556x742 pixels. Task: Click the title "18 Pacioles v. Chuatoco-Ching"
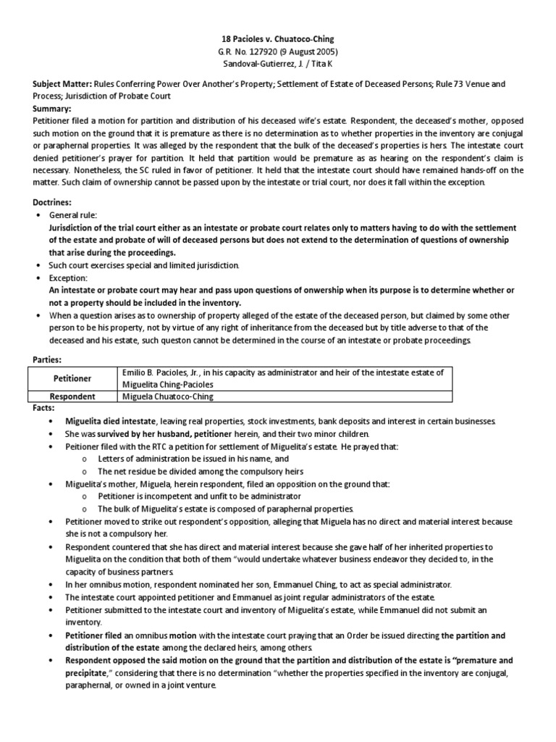tap(278, 38)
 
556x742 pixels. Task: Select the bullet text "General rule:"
tap(72, 216)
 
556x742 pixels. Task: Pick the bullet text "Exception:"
tap(67, 278)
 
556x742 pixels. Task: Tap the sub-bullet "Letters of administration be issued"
tap(182, 459)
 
